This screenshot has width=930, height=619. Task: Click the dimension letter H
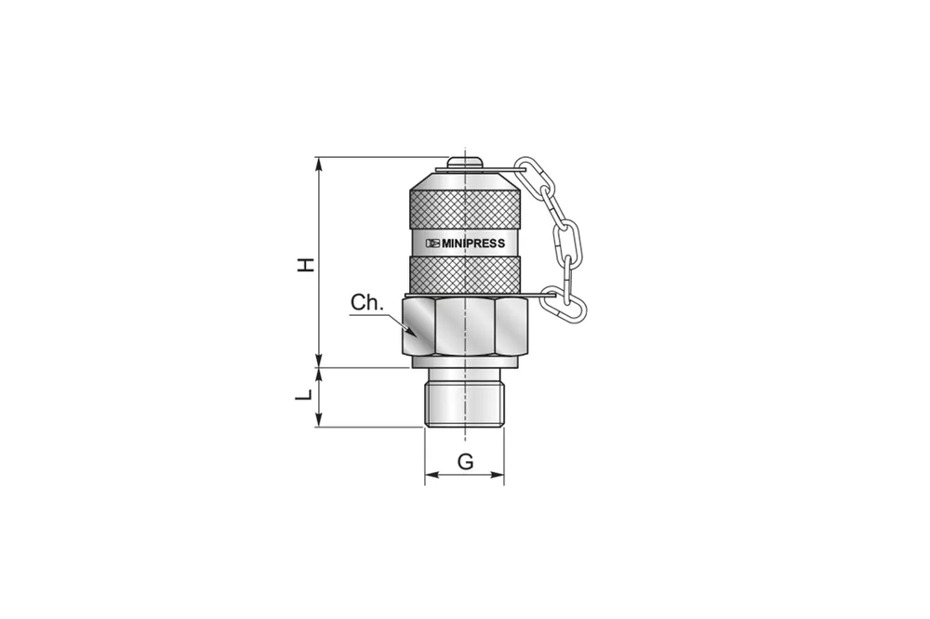tap(306, 265)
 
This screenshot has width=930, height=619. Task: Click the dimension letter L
tap(304, 394)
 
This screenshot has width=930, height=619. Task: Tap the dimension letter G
tap(466, 461)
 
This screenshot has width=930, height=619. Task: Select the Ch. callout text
tap(367, 302)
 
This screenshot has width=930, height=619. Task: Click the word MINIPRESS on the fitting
tap(473, 244)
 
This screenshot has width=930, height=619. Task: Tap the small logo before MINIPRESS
tap(433, 244)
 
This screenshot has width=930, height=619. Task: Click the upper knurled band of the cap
tap(466, 209)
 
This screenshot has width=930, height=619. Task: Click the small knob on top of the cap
tap(465, 162)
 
